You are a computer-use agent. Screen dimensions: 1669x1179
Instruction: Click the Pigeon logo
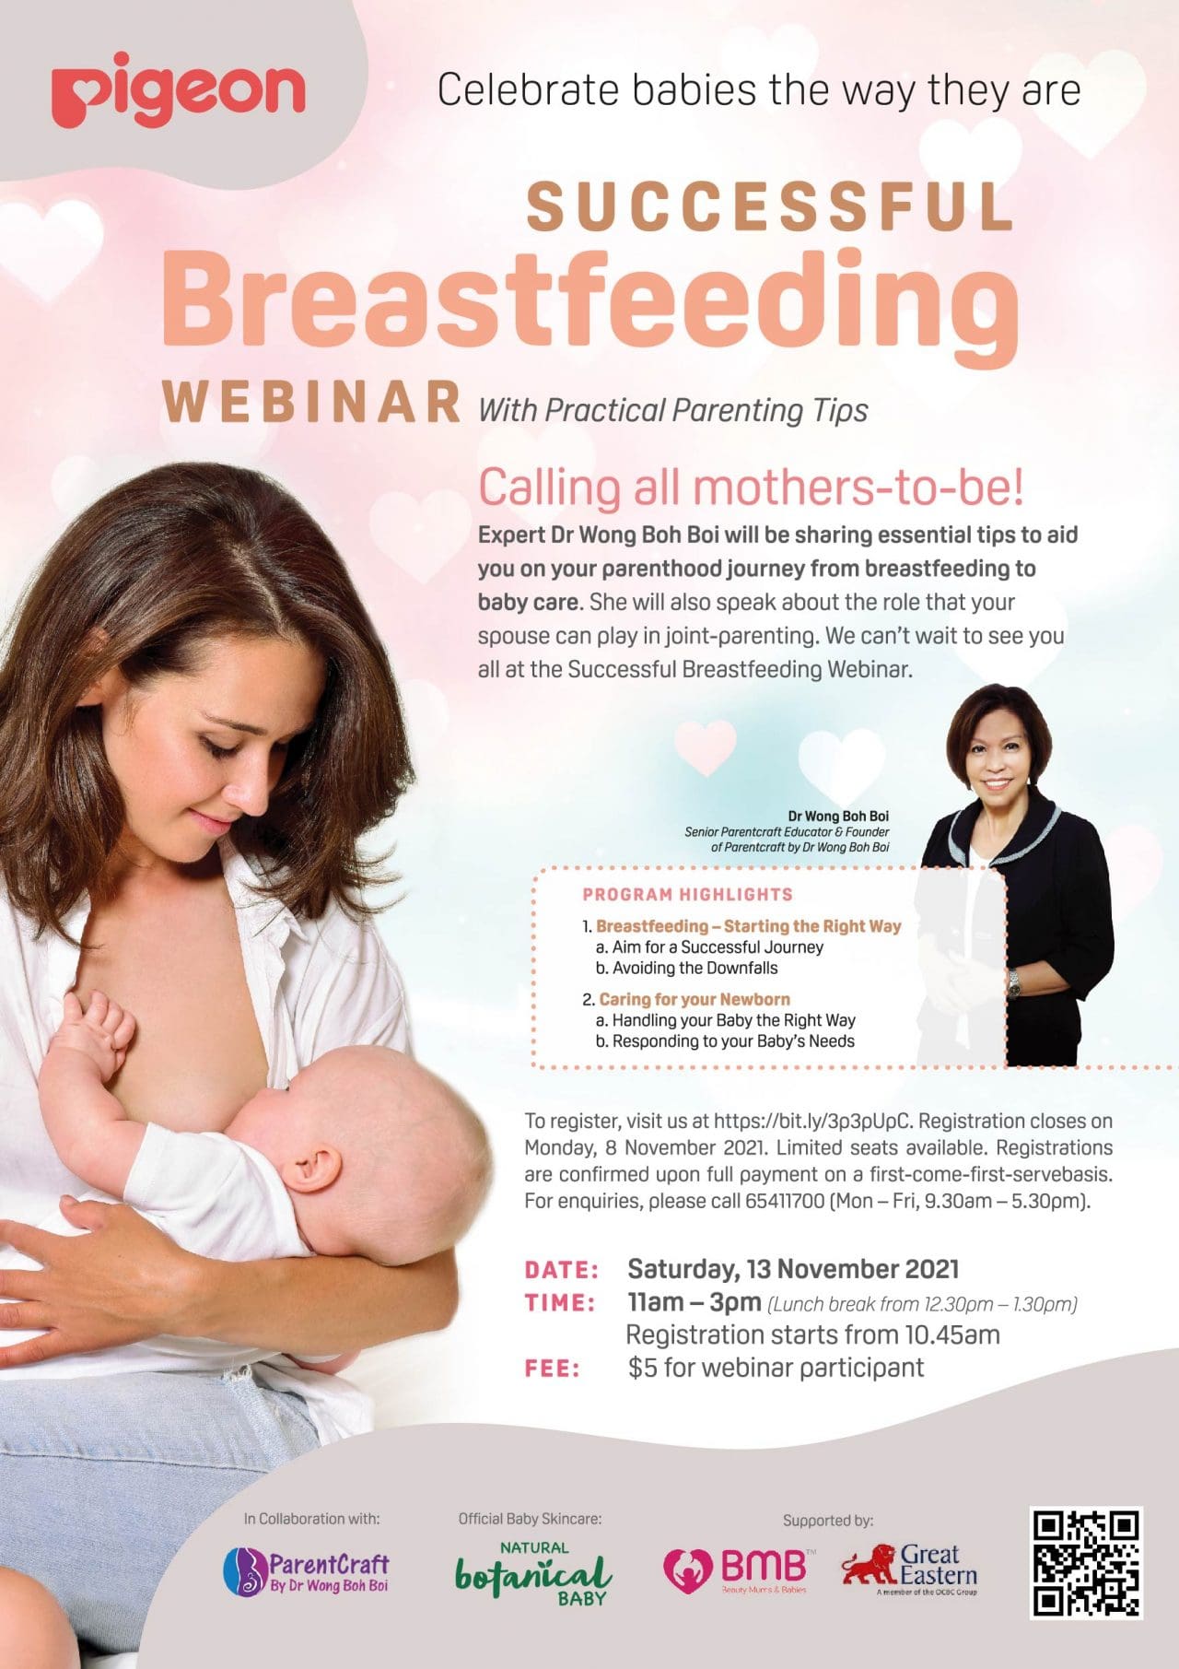(178, 90)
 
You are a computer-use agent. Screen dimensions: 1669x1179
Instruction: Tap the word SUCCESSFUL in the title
(769, 206)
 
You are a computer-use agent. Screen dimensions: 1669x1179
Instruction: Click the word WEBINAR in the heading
(311, 402)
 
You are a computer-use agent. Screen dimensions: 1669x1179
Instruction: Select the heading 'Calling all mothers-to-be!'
(751, 488)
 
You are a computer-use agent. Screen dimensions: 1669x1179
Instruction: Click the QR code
(1086, 1562)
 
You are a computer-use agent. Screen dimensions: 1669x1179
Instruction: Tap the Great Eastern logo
(909, 1568)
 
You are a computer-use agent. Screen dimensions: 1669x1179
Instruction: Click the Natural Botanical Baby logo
(534, 1572)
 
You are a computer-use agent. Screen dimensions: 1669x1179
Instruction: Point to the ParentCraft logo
(307, 1570)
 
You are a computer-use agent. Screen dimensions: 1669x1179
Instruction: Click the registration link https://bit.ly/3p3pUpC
(811, 1122)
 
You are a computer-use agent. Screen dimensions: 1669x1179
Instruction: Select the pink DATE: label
(562, 1270)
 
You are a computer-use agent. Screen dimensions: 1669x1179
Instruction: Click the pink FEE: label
(553, 1369)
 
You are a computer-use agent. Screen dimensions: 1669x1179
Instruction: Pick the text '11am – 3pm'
(694, 1303)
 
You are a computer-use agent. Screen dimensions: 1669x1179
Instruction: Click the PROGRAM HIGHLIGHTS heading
(687, 894)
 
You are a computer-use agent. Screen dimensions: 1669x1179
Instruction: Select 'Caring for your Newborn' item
(694, 999)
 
